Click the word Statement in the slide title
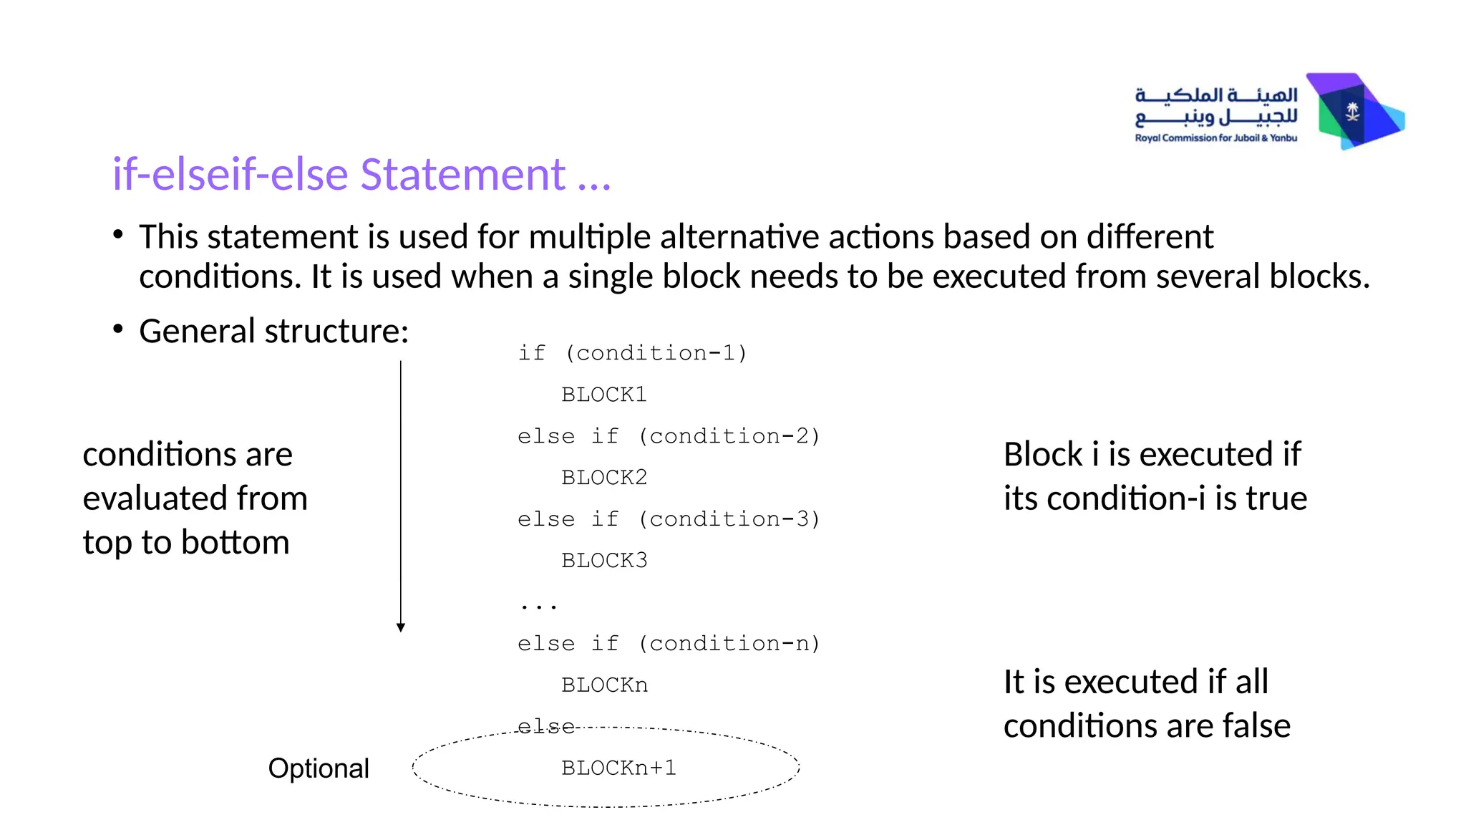tap(462, 174)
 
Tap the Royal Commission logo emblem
tap(1354, 112)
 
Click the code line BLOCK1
tap(604, 395)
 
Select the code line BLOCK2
tap(604, 478)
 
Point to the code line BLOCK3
tap(604, 561)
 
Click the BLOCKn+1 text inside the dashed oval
tap(618, 768)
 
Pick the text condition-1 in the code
tap(656, 353)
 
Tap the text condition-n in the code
tap(729, 644)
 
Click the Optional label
tap(319, 768)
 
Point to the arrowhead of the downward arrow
tap(401, 627)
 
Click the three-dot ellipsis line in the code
tap(538, 606)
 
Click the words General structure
tap(273, 332)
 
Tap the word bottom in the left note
tap(236, 543)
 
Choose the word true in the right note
tap(1276, 498)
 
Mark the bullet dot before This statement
tap(118, 235)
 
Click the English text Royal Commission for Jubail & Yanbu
tap(1215, 138)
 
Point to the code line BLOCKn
tap(604, 685)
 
